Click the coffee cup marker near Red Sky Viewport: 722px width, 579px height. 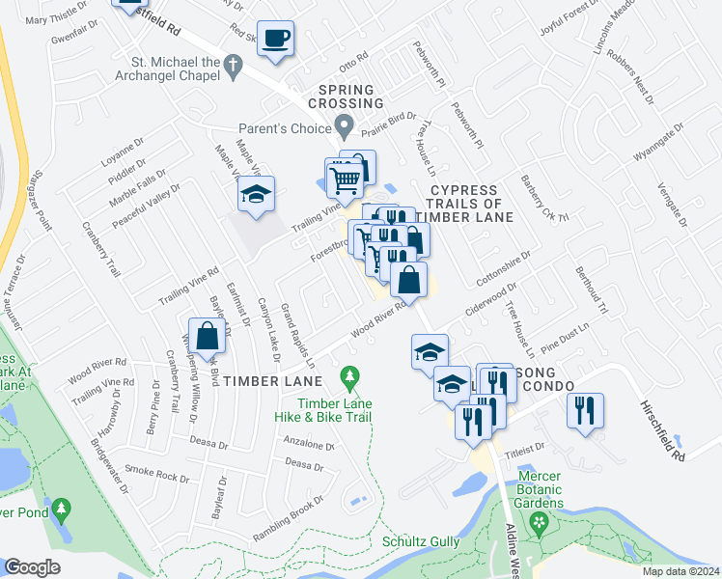click(x=275, y=39)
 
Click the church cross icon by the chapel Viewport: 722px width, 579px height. click(x=232, y=66)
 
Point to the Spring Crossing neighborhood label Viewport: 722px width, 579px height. click(x=346, y=96)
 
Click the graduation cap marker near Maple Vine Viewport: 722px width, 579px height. click(x=256, y=195)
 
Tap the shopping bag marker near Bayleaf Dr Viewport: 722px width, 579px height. click(x=208, y=337)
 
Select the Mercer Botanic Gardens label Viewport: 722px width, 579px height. click(x=553, y=489)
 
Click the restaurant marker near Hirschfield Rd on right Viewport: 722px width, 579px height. click(x=585, y=411)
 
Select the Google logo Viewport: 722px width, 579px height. click(x=33, y=567)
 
